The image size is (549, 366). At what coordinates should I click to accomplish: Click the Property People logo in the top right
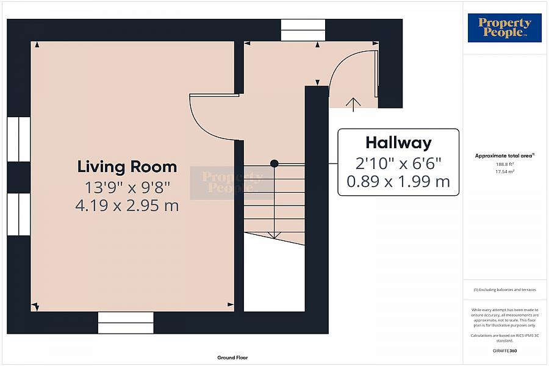[x=504, y=28]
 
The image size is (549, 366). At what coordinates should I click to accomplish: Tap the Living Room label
[x=127, y=167]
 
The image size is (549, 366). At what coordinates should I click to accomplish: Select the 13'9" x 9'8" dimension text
[x=127, y=186]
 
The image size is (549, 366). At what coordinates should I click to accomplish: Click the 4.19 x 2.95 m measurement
[x=127, y=206]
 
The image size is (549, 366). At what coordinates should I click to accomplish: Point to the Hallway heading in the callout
[x=398, y=143]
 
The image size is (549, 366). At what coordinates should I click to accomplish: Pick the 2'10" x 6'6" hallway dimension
[x=398, y=163]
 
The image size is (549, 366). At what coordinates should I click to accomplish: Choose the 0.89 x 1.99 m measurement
[x=398, y=181]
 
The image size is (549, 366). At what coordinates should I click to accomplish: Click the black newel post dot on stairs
[x=274, y=163]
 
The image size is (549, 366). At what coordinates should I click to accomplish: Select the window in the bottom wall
[x=126, y=323]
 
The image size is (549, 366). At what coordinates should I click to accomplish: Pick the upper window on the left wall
[x=19, y=139]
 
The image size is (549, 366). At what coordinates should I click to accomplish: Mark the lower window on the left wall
[x=19, y=214]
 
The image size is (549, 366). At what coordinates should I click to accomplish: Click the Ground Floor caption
[x=232, y=357]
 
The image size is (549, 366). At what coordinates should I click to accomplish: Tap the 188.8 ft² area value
[x=504, y=164]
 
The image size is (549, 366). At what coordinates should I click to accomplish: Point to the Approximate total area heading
[x=504, y=156]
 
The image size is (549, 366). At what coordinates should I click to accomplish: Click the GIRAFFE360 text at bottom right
[x=504, y=352]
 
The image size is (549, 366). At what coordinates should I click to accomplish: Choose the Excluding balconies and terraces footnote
[x=504, y=289]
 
